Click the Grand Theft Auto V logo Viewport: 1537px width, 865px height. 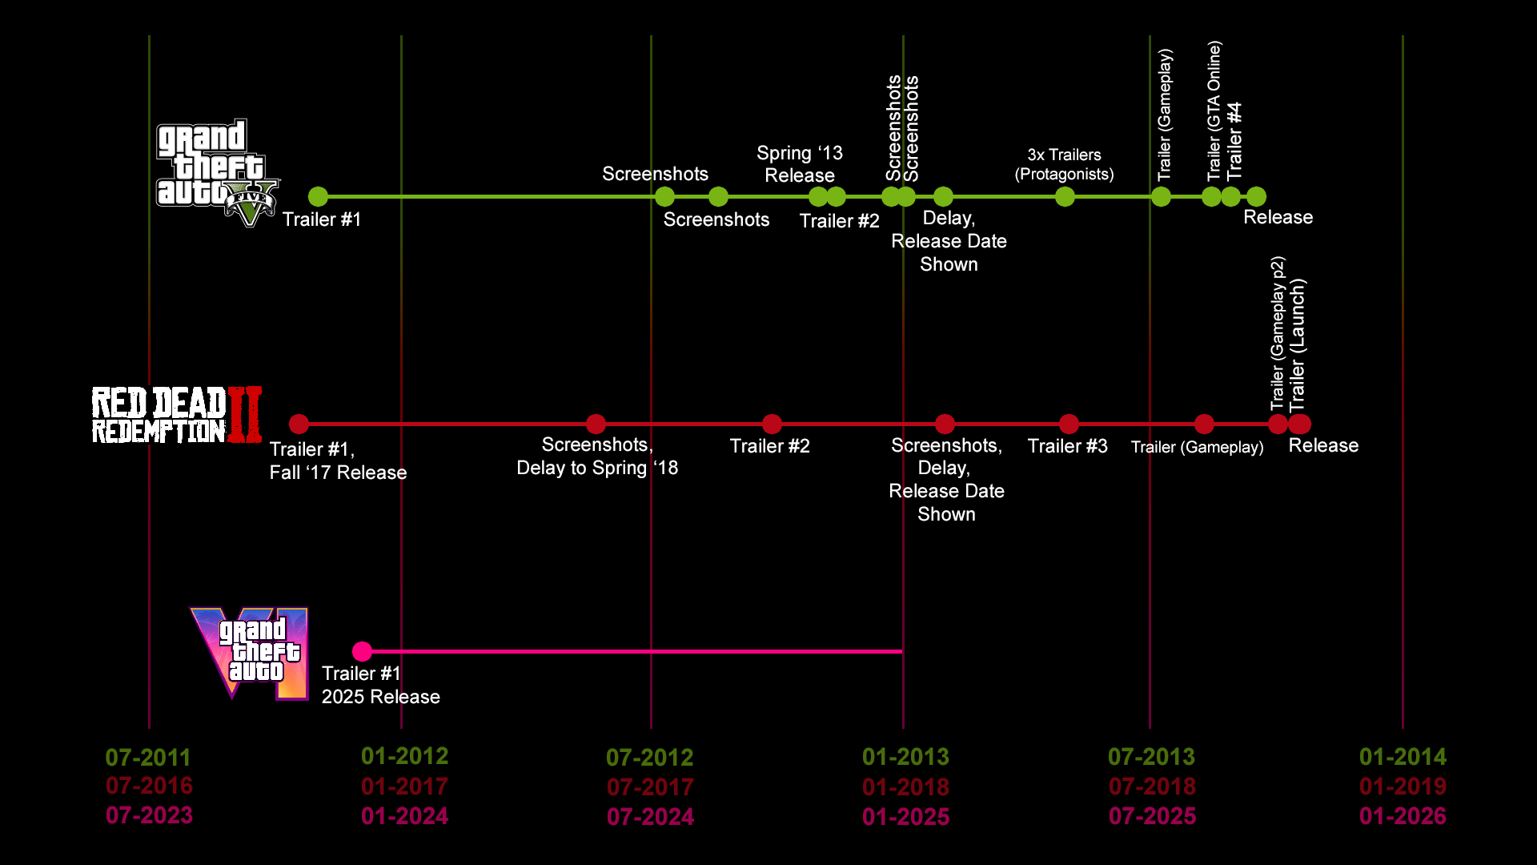click(216, 172)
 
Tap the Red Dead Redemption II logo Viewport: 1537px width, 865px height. click(177, 415)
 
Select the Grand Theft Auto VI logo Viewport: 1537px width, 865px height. click(250, 653)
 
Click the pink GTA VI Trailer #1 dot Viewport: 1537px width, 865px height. click(362, 651)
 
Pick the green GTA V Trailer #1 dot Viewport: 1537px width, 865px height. click(318, 196)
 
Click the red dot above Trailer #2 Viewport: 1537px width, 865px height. click(772, 424)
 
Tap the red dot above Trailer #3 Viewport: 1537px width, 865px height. click(1069, 424)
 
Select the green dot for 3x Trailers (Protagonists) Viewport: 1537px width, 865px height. click(1065, 196)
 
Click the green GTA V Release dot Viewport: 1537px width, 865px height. click(1256, 196)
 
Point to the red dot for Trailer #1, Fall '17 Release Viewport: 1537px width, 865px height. click(299, 424)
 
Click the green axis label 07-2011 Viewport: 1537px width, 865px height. click(148, 757)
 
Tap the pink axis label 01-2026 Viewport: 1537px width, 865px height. click(1403, 816)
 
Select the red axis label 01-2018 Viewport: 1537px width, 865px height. click(905, 787)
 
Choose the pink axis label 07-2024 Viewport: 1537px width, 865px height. click(650, 816)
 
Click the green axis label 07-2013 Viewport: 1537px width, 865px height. click(1151, 757)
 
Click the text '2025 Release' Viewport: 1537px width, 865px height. click(381, 697)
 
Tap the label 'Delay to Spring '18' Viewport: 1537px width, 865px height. click(597, 468)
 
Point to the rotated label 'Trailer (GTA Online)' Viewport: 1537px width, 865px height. click(1214, 111)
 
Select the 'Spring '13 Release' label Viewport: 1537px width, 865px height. click(800, 164)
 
